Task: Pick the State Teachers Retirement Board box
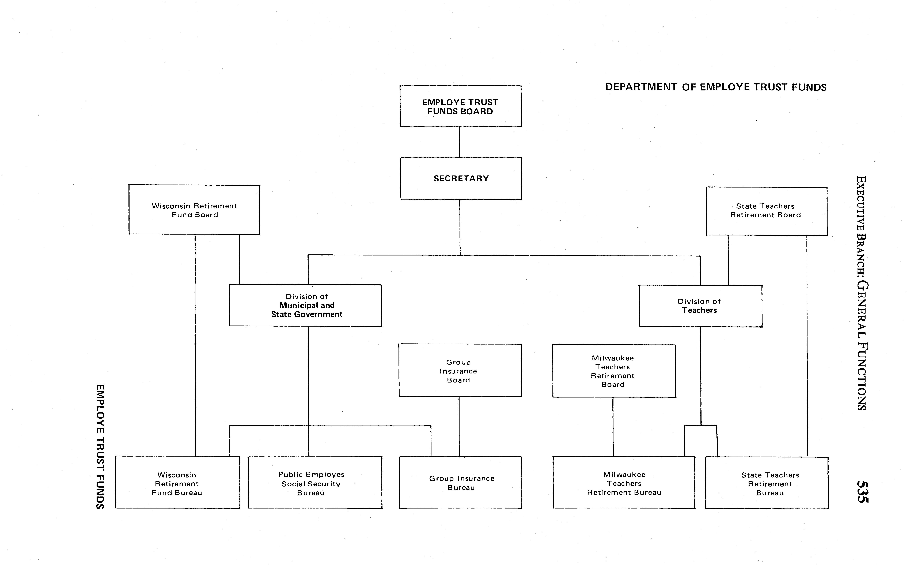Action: click(766, 211)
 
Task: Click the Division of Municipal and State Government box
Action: click(306, 305)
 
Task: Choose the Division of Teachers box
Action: click(700, 306)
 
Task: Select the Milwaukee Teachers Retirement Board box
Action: click(614, 371)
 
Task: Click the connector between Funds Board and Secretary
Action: click(460, 142)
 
